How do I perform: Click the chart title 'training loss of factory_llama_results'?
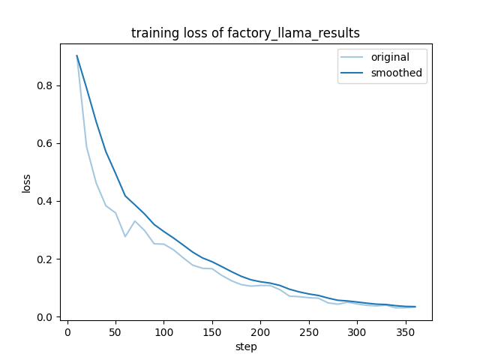[x=245, y=33]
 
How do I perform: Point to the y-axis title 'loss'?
[x=27, y=183]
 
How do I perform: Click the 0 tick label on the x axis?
[x=67, y=331]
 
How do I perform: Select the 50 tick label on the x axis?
[x=115, y=331]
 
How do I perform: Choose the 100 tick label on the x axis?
[x=163, y=331]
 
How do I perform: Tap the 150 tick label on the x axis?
[x=212, y=331]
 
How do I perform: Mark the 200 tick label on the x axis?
[x=260, y=331]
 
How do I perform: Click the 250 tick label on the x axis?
[x=308, y=331]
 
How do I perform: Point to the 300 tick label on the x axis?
[x=357, y=331]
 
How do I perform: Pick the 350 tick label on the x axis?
[x=405, y=331]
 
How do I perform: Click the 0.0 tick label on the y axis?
[x=46, y=317]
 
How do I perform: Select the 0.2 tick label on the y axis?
[x=46, y=259]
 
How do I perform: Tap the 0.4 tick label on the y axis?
[x=46, y=201]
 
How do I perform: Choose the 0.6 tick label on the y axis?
[x=46, y=143]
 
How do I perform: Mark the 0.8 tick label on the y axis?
[x=46, y=85]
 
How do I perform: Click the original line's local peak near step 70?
[x=135, y=221]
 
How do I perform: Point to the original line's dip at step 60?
[x=125, y=237]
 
